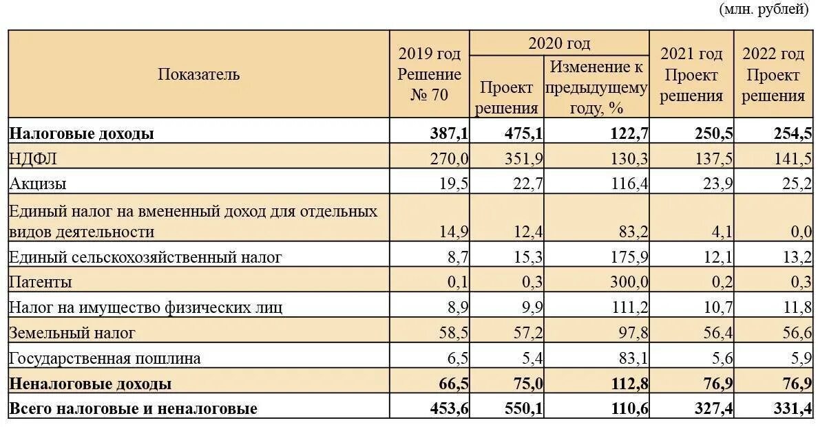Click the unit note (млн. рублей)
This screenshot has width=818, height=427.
pyautogui.click(x=764, y=10)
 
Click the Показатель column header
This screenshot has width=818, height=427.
pyautogui.click(x=198, y=74)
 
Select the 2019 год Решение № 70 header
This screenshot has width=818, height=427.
pyautogui.click(x=430, y=74)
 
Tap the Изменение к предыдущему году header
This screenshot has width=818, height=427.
pyautogui.click(x=596, y=87)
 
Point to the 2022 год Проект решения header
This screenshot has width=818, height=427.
pyautogui.click(x=773, y=74)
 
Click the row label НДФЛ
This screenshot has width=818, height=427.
pyautogui.click(x=33, y=159)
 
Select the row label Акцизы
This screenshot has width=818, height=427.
pyautogui.click(x=38, y=184)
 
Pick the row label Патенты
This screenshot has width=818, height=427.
pyautogui.click(x=41, y=282)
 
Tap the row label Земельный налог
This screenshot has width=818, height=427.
pyautogui.click(x=72, y=333)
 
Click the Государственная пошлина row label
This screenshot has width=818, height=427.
pyautogui.click(x=105, y=358)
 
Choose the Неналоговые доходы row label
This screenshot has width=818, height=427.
pyautogui.click(x=90, y=384)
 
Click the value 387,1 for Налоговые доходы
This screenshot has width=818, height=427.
pyautogui.click(x=450, y=133)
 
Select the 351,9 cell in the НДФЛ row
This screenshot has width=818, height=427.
pyautogui.click(x=524, y=159)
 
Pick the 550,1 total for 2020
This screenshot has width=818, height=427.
pyautogui.click(x=524, y=408)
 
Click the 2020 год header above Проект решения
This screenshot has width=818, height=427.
pyautogui.click(x=559, y=43)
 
